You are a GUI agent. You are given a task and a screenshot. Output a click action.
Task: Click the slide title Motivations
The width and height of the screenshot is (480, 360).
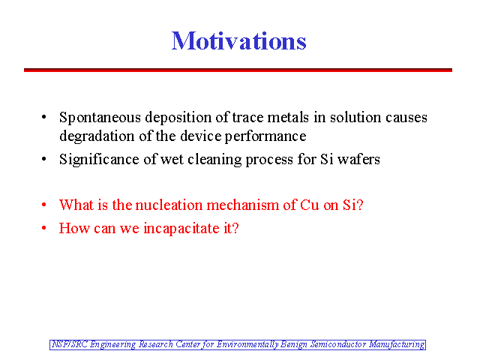coord(238,40)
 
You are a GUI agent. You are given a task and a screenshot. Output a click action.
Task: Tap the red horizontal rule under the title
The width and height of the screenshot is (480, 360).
coord(238,70)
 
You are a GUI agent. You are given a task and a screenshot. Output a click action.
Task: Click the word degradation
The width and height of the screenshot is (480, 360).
coord(97,136)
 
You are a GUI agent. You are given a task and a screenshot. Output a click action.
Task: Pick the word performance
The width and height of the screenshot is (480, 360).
coord(265,136)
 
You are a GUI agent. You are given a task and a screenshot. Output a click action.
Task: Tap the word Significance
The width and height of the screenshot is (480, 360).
coord(99,160)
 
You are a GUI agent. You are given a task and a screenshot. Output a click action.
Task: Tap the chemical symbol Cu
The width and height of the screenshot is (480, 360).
coord(310,205)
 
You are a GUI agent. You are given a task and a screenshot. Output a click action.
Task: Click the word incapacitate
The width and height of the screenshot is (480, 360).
coord(181,229)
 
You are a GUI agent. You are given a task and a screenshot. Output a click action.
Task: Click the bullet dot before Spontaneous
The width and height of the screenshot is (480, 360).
coord(44,117)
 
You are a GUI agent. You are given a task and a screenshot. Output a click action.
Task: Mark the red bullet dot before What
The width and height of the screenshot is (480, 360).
coord(44,205)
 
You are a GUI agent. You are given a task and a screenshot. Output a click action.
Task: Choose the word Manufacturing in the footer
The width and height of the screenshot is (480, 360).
coord(397,345)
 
